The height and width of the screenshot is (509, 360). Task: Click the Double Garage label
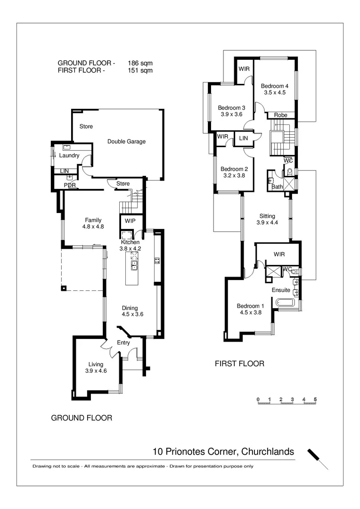(x=126, y=141)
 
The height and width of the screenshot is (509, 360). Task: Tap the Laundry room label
(x=69, y=156)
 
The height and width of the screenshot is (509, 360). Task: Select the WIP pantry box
(x=130, y=221)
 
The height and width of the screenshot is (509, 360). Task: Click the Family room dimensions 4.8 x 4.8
(x=93, y=226)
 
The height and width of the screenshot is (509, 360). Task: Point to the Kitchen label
(x=130, y=242)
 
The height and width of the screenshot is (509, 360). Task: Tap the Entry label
(x=123, y=343)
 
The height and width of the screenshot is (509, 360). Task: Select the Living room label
(x=96, y=364)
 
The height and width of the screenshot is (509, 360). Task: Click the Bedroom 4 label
(x=275, y=86)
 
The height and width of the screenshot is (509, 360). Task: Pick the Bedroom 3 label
(x=231, y=107)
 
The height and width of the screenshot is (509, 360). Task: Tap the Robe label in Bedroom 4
(x=281, y=115)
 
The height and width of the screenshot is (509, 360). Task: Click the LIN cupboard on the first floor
(x=244, y=138)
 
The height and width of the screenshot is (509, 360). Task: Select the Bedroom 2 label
(x=234, y=169)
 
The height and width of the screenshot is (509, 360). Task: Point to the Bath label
(x=277, y=187)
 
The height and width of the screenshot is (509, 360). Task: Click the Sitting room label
(x=267, y=216)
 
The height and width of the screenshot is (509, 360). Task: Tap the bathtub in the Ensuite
(x=284, y=303)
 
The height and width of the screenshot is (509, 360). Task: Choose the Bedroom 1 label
(x=250, y=305)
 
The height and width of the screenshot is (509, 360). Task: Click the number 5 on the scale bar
(x=315, y=400)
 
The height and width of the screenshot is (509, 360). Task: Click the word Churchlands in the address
(x=267, y=452)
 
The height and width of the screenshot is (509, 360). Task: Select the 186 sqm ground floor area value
(x=140, y=63)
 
